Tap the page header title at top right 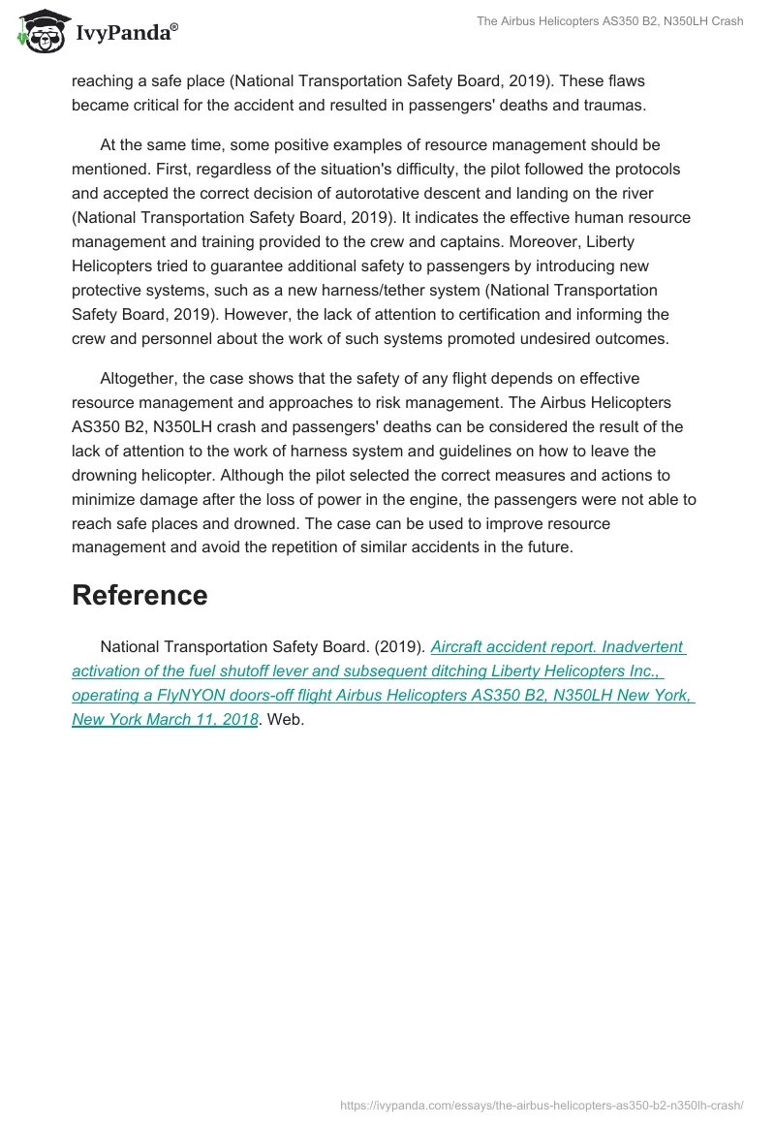point(609,22)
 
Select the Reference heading point(139,595)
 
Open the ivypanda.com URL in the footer point(541,1104)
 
